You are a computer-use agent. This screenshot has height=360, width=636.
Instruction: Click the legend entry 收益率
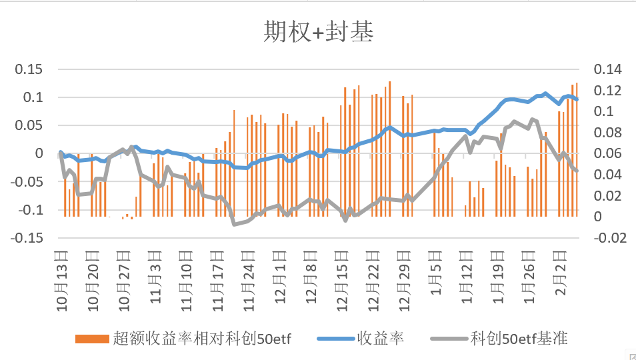[381, 338]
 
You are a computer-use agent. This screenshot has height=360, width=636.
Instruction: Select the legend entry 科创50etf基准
[519, 338]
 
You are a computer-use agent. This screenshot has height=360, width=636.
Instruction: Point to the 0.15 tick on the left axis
[29, 69]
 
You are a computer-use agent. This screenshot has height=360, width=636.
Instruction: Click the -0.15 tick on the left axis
[27, 238]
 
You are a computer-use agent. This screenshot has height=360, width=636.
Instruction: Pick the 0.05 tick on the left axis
[29, 125]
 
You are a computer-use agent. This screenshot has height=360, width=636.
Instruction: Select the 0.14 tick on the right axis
[607, 69]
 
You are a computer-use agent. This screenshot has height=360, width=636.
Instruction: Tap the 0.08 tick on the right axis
[607, 133]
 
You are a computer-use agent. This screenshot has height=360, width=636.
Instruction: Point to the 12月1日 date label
[281, 273]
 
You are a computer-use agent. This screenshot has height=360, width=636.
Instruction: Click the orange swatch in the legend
[91, 338]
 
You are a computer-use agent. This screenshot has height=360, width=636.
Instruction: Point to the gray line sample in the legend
[449, 338]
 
